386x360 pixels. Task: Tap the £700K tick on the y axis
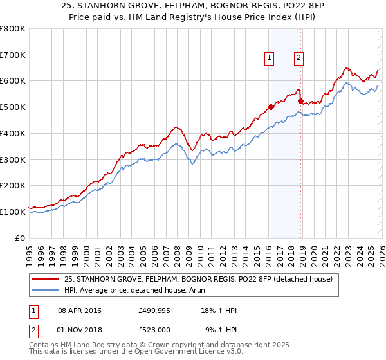coord(13,55)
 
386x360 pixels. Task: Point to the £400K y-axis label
coord(13,133)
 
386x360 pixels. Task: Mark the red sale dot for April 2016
coord(271,107)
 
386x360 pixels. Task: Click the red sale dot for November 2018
coord(300,101)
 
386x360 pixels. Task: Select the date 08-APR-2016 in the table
coord(80,310)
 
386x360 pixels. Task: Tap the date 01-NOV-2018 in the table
coord(80,329)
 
